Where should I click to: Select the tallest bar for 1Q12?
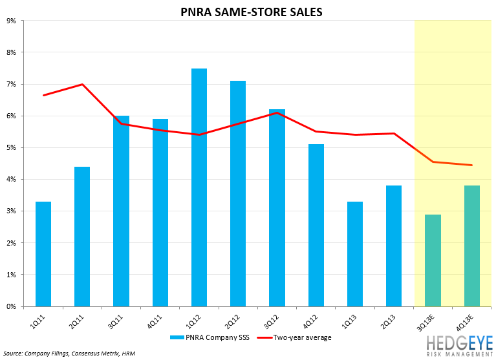[199, 187]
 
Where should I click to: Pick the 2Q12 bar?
[238, 194]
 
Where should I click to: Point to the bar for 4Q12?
[316, 226]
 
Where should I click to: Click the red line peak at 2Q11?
[82, 84]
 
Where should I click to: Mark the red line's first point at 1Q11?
[43, 95]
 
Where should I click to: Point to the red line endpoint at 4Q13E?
[471, 165]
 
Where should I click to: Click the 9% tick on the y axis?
[11, 21]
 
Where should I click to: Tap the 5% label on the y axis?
[11, 148]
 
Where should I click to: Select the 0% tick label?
[11, 307]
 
